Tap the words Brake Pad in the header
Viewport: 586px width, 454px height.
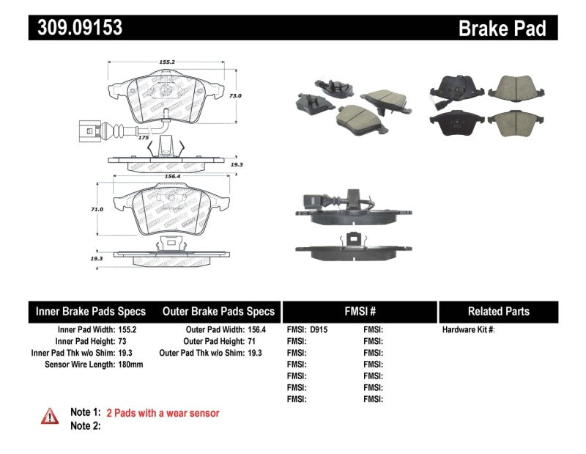(502, 28)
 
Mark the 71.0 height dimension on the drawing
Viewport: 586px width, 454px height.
(97, 209)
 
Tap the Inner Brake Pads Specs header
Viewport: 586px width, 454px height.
(91, 312)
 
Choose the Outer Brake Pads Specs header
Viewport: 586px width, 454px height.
(218, 312)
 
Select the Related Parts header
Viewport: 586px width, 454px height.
(498, 312)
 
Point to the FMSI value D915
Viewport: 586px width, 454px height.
(319, 330)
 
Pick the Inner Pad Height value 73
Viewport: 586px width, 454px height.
(122, 342)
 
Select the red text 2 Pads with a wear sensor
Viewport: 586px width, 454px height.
(163, 414)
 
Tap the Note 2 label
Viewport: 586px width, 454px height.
(85, 426)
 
